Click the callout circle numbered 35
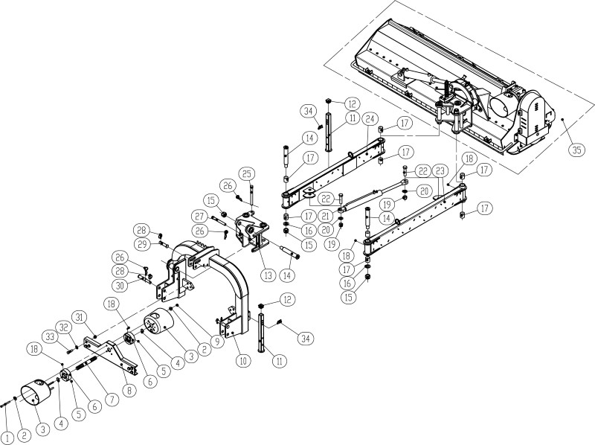(x=576, y=150)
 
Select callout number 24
(x=370, y=119)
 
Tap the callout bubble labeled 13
(x=268, y=275)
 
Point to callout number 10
(x=243, y=361)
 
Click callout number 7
(x=112, y=400)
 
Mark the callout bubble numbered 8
(x=129, y=391)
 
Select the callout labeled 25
(x=247, y=174)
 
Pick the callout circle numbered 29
(x=142, y=245)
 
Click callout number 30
(x=120, y=286)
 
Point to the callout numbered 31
(x=80, y=317)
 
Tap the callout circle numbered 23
(x=440, y=171)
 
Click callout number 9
(x=216, y=342)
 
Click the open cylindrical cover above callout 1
(x=35, y=392)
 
